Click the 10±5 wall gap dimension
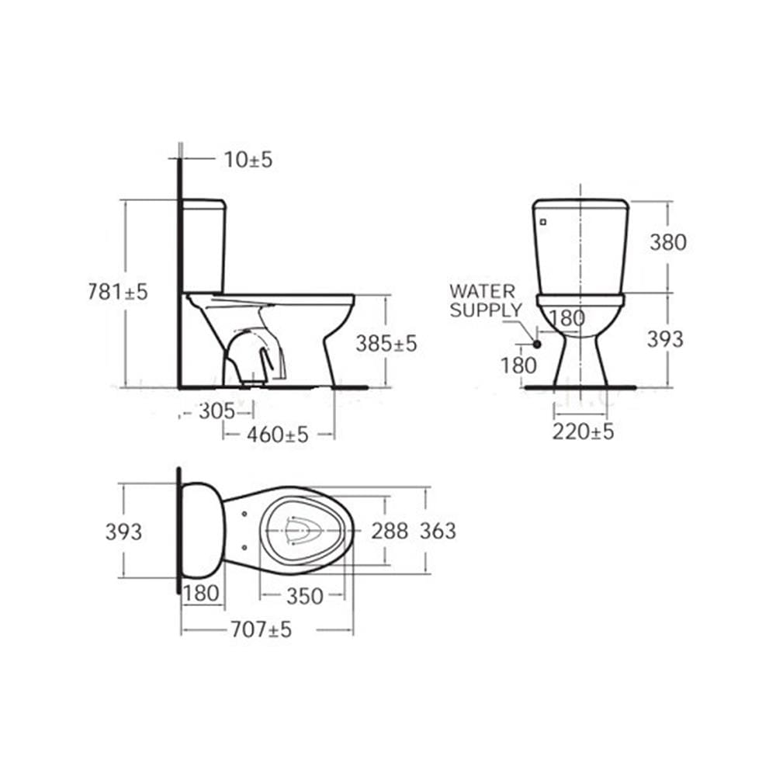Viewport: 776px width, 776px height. tap(248, 160)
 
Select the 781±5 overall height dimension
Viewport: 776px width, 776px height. tap(118, 292)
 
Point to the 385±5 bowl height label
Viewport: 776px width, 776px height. tap(386, 344)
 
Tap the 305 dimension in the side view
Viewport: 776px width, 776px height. tap(217, 411)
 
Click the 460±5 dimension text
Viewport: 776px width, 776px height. tap(278, 435)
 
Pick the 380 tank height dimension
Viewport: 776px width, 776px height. tap(668, 242)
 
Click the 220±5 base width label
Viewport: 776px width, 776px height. tap(583, 431)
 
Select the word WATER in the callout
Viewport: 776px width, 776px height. tap(483, 291)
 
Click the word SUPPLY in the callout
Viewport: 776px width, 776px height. tap(486, 310)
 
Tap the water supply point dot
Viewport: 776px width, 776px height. tap(536, 344)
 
